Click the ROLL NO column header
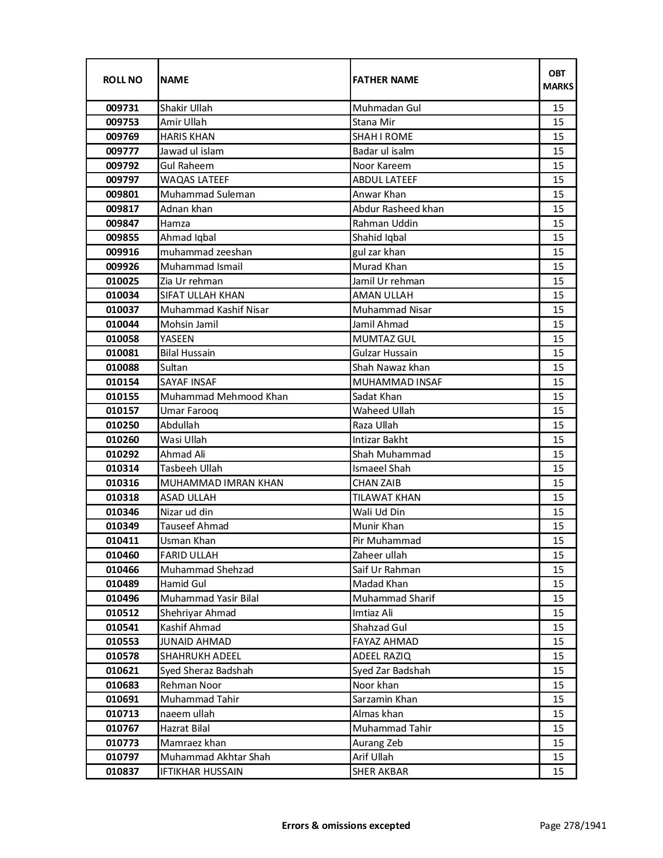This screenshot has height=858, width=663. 122,80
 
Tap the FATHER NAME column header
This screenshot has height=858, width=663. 385,80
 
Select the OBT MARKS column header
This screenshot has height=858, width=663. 558,80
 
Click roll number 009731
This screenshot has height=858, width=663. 122,108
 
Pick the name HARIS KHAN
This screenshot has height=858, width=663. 187,137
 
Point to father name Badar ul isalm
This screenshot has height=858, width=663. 383,151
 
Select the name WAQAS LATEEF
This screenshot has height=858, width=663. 194,180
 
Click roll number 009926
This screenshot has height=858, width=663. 122,267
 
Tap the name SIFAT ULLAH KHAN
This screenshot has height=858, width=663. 202,295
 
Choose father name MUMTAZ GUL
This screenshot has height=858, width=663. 384,339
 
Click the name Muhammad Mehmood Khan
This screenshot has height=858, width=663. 224,397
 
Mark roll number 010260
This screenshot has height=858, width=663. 122,440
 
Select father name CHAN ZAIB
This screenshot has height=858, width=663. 376,483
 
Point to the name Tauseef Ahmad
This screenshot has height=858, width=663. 194,526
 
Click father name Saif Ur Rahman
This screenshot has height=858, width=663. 386,570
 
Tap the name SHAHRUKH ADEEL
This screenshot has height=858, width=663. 201,656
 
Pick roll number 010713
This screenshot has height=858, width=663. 122,714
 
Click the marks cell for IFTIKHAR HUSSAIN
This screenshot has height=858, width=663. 558,772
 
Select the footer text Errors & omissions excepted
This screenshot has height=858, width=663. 346,825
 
